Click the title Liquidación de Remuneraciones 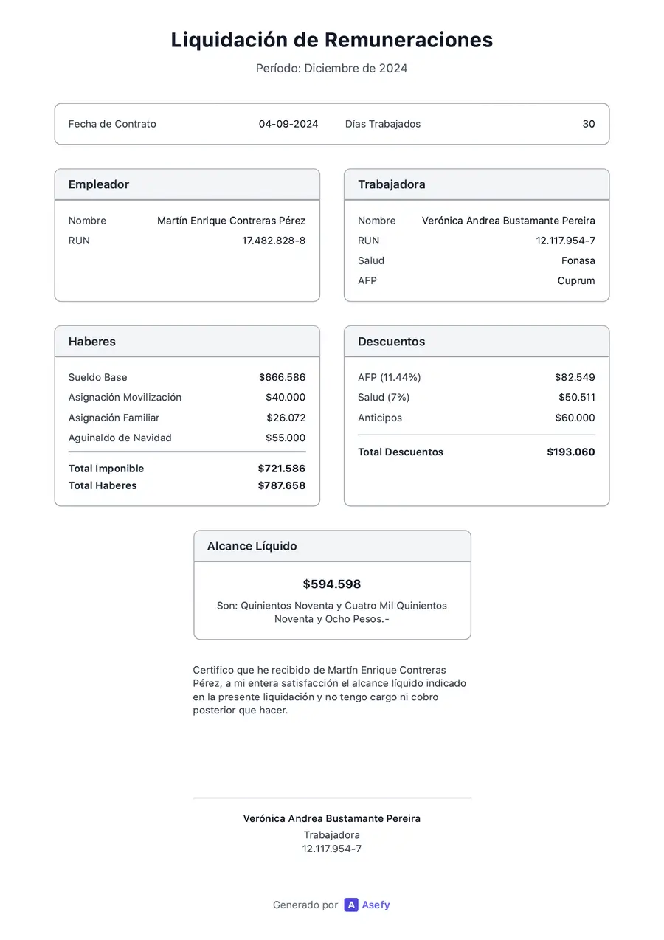point(331,40)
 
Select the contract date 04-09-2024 point(288,124)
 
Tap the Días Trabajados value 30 point(588,124)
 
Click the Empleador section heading point(99,184)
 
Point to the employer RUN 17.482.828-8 point(274,241)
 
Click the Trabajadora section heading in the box point(391,184)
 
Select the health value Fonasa point(578,260)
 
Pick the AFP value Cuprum point(576,280)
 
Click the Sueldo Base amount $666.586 point(282,377)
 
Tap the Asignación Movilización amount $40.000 point(286,397)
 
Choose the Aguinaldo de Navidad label point(120,438)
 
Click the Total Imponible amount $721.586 point(281,469)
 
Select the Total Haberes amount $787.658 point(281,485)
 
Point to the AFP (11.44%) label point(390,377)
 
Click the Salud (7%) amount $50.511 point(576,397)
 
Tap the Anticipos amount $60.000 point(575,418)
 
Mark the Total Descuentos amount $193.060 point(570,452)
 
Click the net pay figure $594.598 point(332,584)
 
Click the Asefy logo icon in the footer point(351,905)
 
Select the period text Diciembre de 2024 point(356,69)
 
